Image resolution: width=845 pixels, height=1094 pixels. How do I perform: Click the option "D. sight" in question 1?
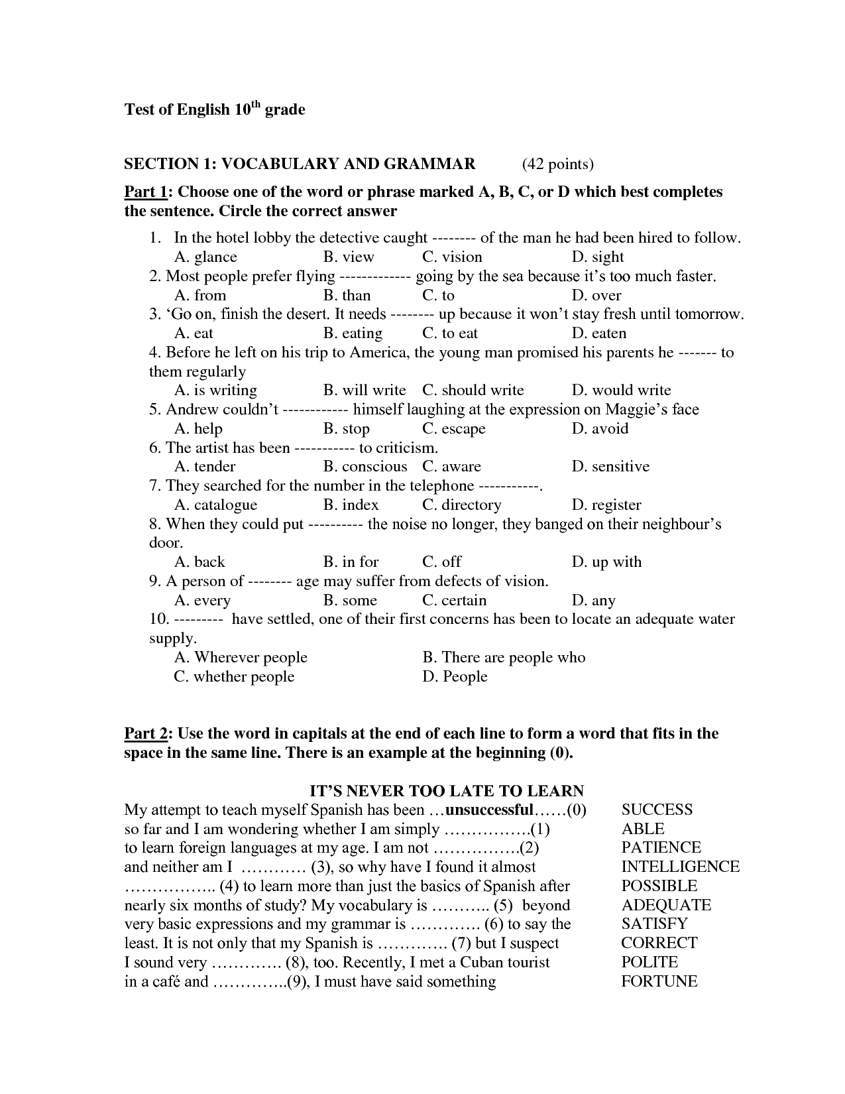(x=597, y=257)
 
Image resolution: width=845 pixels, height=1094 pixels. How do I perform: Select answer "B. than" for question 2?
(x=347, y=295)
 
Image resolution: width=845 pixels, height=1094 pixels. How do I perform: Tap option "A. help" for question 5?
(x=198, y=428)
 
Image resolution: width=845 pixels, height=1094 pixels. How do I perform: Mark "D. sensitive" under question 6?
(x=610, y=466)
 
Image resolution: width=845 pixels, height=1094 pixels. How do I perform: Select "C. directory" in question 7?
(x=461, y=505)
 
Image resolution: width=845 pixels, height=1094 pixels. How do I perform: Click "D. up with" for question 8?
(x=606, y=562)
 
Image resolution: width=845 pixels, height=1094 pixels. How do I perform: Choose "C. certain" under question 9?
(x=454, y=600)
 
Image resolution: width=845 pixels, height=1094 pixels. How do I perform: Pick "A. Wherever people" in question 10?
(x=241, y=657)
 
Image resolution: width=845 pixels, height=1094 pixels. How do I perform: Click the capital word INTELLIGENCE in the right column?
(x=680, y=867)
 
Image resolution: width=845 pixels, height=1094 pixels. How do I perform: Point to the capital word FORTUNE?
(x=659, y=981)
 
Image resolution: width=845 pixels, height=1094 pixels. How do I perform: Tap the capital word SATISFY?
(x=654, y=924)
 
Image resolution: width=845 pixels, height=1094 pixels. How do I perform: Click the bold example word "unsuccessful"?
(x=489, y=810)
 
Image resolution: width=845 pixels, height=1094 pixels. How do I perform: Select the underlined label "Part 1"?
(x=146, y=192)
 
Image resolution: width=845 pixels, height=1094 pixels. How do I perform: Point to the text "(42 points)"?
(x=557, y=164)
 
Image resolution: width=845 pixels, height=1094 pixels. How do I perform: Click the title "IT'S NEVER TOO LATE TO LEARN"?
(x=447, y=790)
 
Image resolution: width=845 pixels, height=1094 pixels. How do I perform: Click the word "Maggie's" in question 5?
(x=635, y=409)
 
